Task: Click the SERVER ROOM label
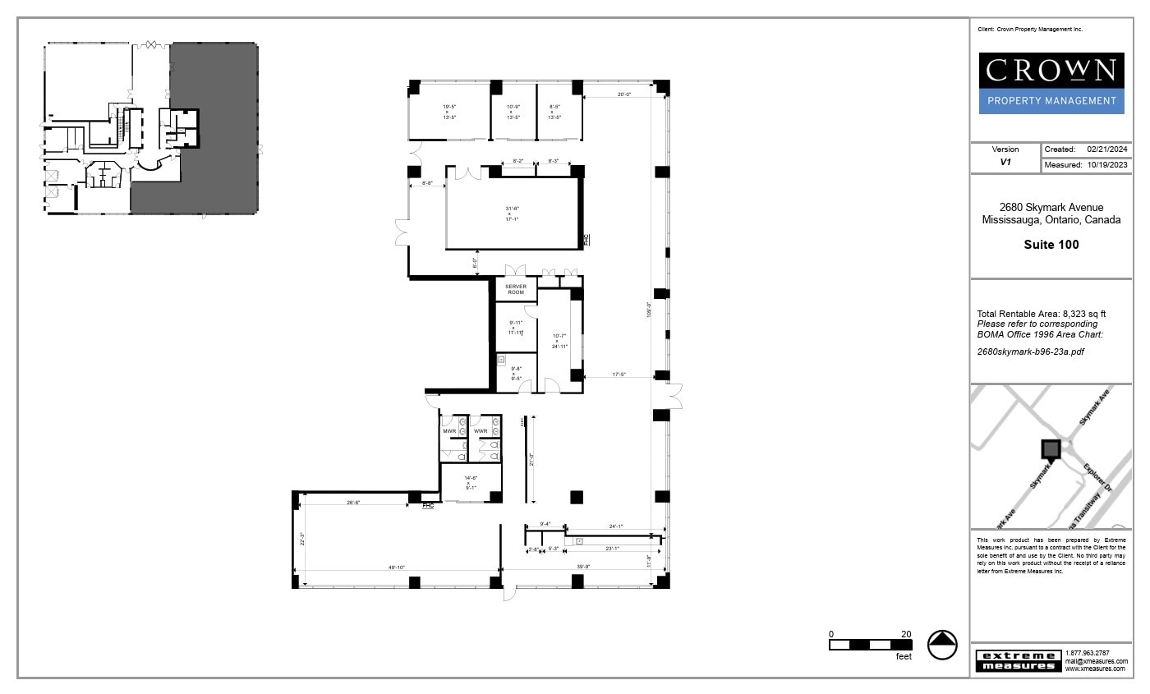[516, 289]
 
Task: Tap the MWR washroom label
[449, 431]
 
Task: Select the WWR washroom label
[481, 431]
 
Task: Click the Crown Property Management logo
[1051, 83]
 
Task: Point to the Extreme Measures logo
[1018, 660]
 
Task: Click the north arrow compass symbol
[942, 645]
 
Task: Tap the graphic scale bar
[871, 645]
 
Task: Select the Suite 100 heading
[1051, 245]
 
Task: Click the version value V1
[1005, 163]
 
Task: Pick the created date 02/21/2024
[1107, 149]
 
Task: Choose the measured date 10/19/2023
[1107, 165]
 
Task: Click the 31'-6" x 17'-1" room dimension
[512, 214]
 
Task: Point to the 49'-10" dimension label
[396, 568]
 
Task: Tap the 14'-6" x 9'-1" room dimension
[471, 483]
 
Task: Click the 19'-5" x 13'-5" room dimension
[449, 112]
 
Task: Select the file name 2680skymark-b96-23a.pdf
[1031, 352]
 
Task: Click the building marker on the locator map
[1051, 449]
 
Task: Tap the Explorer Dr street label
[1097, 477]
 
